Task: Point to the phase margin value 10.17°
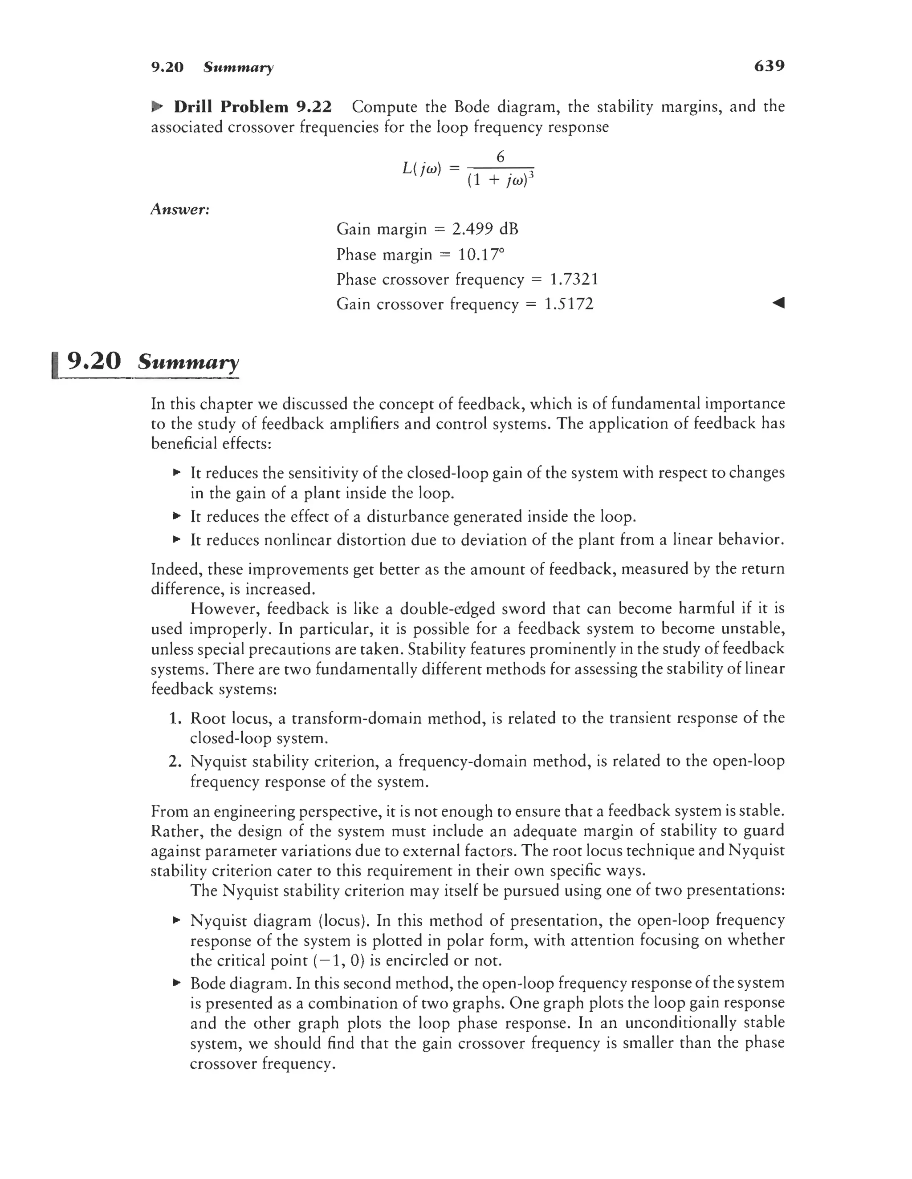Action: [x=481, y=254]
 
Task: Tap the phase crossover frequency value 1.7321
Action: [x=574, y=279]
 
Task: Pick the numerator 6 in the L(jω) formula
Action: [x=500, y=157]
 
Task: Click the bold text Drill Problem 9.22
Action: [x=252, y=107]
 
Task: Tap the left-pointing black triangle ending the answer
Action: [x=778, y=303]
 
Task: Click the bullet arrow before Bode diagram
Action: [x=175, y=983]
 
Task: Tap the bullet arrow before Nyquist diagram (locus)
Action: [x=175, y=920]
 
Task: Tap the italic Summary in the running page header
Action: [x=238, y=68]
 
